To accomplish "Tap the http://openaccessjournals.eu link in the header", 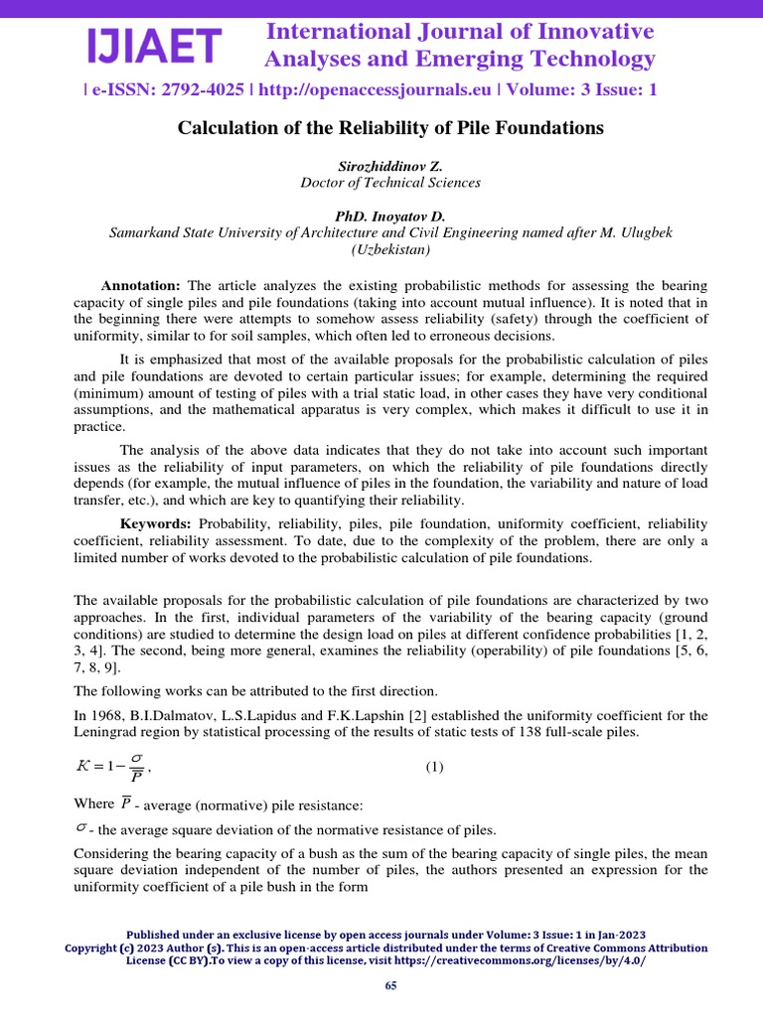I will coord(377,89).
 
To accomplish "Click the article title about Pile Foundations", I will coord(390,128).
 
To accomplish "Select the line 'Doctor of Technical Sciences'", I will coord(390,183).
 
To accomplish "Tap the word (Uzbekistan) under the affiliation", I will coord(390,249).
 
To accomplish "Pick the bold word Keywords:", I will coord(156,523).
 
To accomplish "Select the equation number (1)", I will coord(435,767).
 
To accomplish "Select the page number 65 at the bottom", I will coord(390,984).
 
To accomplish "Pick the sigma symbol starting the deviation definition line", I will coord(80,827).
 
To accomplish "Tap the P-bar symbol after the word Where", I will coord(126,801).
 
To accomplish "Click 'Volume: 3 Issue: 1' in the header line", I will coord(582,89).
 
